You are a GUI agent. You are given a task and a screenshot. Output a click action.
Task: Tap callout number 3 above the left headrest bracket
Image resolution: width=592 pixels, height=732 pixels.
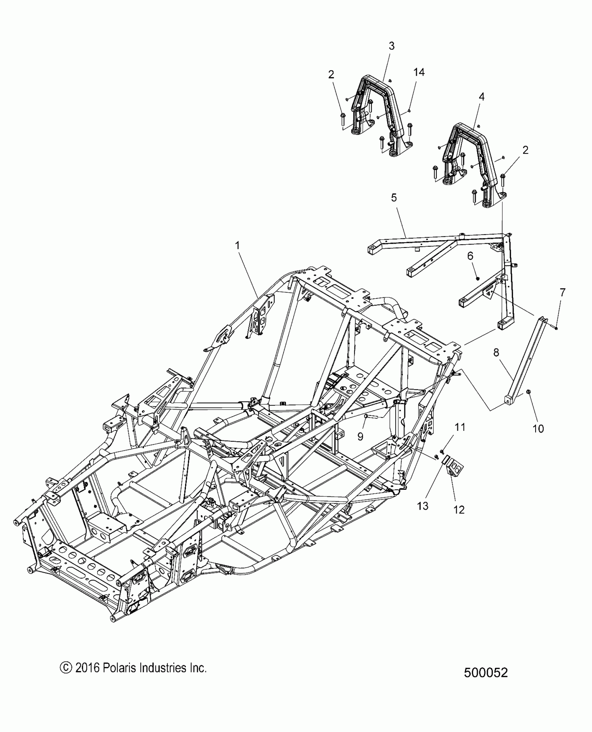(x=391, y=46)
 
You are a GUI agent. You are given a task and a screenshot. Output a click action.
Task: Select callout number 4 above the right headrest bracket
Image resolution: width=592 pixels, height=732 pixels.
(x=482, y=97)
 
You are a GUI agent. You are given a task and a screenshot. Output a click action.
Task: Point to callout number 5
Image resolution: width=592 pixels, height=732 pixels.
(x=394, y=198)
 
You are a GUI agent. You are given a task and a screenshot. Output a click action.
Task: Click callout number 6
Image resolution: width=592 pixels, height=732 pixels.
(x=470, y=256)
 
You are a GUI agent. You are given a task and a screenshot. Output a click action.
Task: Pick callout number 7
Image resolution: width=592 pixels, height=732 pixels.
(x=563, y=292)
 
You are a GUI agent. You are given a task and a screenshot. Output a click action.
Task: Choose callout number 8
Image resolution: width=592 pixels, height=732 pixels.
(x=496, y=353)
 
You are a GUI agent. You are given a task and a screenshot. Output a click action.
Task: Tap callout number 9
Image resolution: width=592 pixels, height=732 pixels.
(x=360, y=436)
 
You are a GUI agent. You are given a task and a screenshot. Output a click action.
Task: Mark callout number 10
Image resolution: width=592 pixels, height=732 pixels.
(x=538, y=428)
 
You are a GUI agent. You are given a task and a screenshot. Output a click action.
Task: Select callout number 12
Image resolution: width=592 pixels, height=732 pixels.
(x=459, y=510)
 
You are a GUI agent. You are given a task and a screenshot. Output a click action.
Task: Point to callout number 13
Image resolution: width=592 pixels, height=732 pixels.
(x=422, y=506)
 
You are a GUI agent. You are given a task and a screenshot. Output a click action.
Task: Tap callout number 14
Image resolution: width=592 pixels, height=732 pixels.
(x=419, y=72)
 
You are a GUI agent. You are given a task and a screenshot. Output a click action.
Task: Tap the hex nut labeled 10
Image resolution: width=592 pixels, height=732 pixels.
(x=528, y=392)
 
